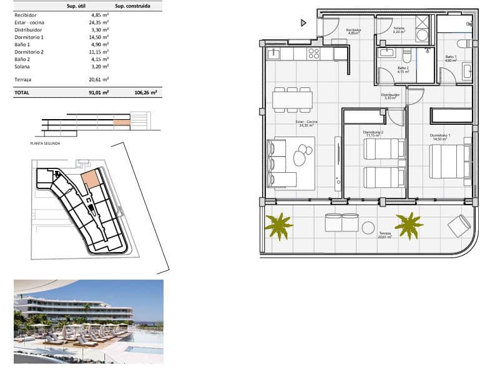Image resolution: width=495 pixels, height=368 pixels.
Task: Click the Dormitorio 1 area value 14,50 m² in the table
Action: click(99, 37)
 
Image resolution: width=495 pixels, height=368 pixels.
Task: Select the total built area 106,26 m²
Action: click(145, 92)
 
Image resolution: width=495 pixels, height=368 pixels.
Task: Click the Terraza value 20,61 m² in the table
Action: click(99, 80)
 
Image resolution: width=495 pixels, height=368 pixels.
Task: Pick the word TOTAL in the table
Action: click(22, 92)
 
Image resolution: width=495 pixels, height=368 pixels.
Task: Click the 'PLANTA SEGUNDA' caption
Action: click(45, 143)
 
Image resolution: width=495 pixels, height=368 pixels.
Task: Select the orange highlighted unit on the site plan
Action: click(92, 179)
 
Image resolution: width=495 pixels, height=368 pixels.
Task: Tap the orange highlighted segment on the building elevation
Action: click(121, 123)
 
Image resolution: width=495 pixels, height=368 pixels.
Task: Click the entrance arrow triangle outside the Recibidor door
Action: click(303, 23)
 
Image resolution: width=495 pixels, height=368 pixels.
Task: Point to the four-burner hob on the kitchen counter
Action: click(313, 54)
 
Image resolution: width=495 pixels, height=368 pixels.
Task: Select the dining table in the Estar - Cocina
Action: click(292, 99)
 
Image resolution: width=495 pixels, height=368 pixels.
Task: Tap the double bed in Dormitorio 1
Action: click(449, 162)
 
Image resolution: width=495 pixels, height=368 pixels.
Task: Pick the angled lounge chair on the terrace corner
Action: click(459, 225)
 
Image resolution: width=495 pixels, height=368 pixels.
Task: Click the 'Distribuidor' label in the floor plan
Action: click(390, 95)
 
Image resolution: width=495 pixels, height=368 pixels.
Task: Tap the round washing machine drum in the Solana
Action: click(422, 35)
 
